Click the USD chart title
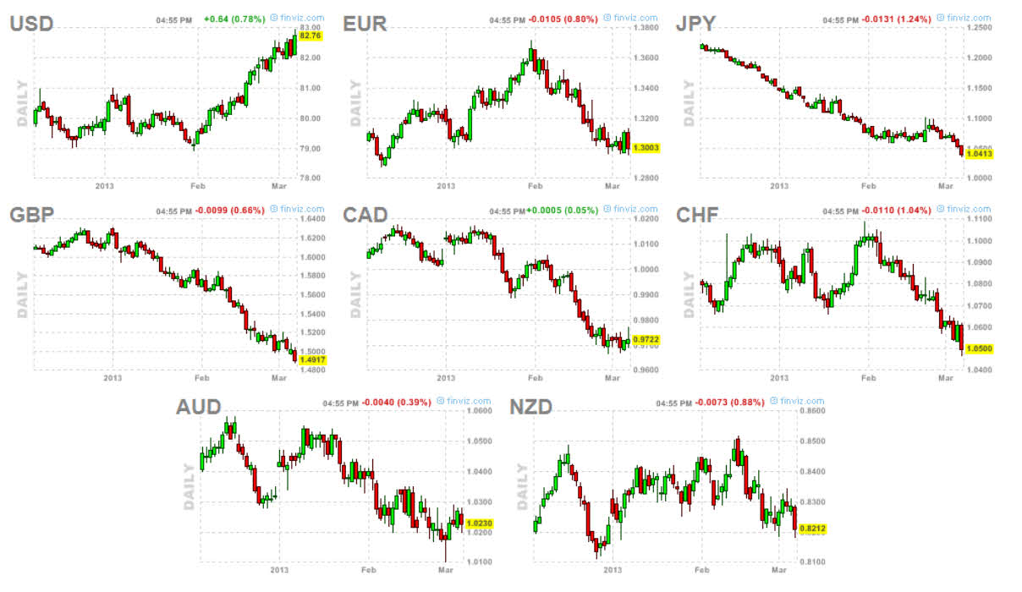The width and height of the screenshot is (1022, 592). click(31, 24)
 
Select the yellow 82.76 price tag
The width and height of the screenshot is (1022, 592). click(310, 36)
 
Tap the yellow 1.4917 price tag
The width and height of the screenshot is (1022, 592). click(312, 359)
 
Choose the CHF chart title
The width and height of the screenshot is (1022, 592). click(697, 214)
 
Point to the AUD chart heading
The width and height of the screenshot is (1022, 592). click(198, 407)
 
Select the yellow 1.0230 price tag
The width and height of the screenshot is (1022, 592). click(479, 523)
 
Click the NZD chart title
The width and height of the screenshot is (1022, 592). click(530, 407)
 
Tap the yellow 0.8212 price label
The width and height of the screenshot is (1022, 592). click(812, 529)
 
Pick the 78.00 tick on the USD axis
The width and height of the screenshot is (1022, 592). click(310, 178)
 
